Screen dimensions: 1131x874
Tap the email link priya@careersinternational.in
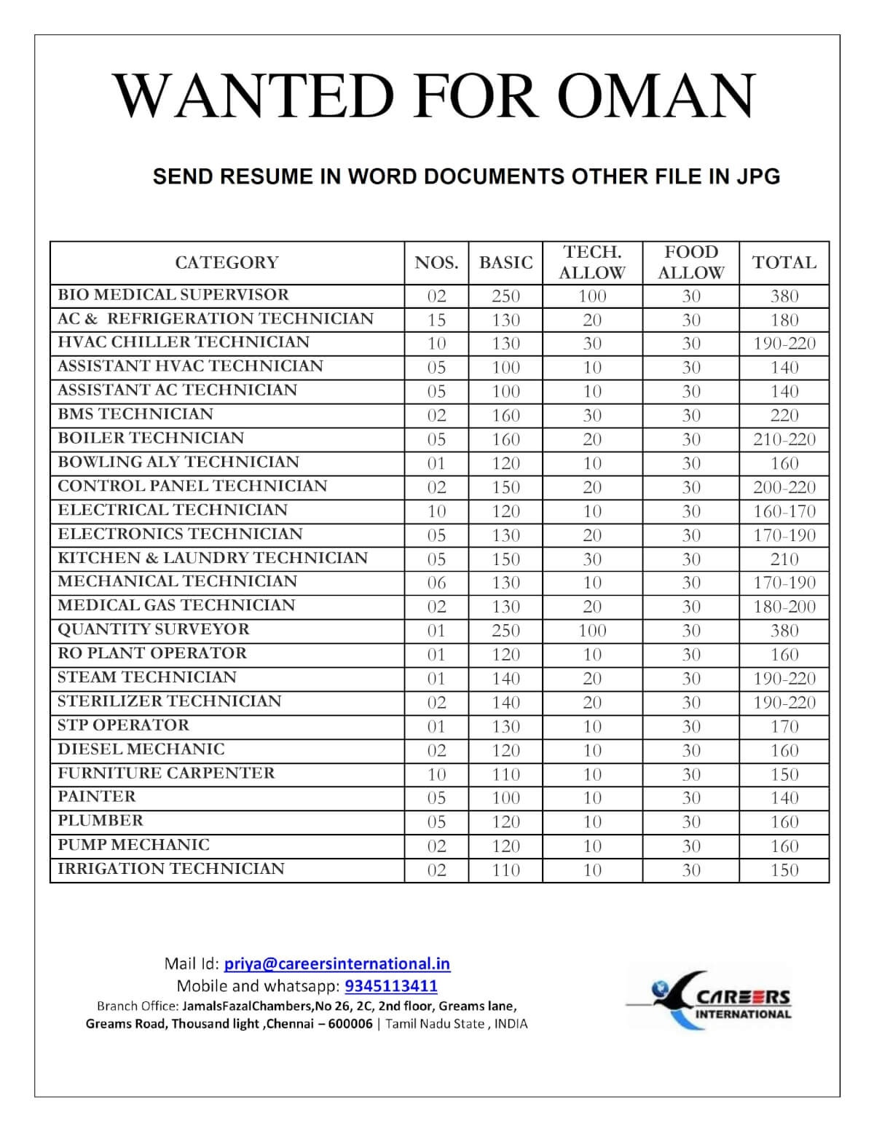click(x=336, y=963)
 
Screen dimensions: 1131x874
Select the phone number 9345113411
click(x=391, y=986)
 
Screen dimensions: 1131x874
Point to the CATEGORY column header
click(x=227, y=262)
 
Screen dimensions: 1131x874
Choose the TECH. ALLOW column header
click(x=592, y=262)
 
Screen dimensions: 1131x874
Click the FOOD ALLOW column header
click(x=690, y=262)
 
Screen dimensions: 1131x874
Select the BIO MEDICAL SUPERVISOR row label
click(x=173, y=295)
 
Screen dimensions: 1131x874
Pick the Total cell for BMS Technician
click(x=784, y=415)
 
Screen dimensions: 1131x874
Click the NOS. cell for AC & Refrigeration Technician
click(x=436, y=320)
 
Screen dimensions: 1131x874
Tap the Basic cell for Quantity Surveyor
click(x=505, y=630)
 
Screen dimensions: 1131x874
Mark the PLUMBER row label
click(x=101, y=821)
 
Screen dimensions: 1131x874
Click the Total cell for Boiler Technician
click(x=784, y=439)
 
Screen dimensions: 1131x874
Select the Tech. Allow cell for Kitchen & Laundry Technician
click(x=592, y=559)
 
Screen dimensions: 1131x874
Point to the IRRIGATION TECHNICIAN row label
click(x=171, y=869)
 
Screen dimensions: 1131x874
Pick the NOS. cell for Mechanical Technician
click(x=436, y=583)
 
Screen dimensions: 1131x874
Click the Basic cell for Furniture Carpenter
click(x=505, y=774)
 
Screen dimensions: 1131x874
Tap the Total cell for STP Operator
click(x=784, y=726)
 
